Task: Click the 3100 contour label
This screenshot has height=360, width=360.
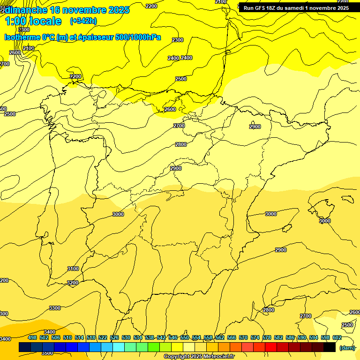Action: click(x=73, y=269)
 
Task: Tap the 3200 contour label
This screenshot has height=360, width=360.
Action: click(x=73, y=283)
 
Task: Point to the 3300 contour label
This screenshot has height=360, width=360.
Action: click(x=55, y=308)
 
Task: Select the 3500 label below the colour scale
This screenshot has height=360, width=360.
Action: click(x=47, y=353)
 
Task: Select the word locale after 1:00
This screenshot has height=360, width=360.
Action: click(x=45, y=21)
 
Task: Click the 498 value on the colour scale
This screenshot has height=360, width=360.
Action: click(x=32, y=337)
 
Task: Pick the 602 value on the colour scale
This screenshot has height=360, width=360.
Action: click(x=337, y=337)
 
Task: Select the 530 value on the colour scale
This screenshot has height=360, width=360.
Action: click(x=126, y=337)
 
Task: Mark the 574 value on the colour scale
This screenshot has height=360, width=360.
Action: click(x=255, y=337)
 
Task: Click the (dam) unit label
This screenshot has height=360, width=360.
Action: click(x=347, y=347)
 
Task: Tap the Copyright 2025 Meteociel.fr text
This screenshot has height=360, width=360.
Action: click(x=199, y=357)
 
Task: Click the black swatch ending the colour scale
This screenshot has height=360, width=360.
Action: click(x=330, y=347)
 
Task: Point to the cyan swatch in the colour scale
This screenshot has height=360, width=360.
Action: click(x=119, y=347)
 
